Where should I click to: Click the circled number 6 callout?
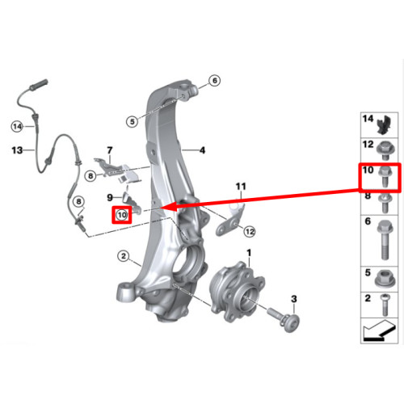coord(214,80)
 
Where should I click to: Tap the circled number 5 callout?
coord(133,121)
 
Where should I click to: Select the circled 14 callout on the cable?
coord(17,126)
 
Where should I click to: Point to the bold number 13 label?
coord(17,150)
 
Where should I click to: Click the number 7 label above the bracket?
coord(110,150)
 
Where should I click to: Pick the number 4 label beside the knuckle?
coord(202,150)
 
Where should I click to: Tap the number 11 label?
coord(241,187)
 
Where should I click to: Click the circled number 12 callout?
coord(250,232)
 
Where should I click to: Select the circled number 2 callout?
coord(124,256)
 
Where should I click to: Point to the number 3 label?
coord(294,299)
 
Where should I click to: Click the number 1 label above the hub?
coord(249,253)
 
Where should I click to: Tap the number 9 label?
coord(110,197)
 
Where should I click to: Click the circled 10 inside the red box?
coord(122,215)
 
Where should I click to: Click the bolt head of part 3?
coord(291,322)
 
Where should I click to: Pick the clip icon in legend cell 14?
coord(384,124)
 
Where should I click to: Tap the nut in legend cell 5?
coord(385,279)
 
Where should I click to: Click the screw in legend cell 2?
coord(385,305)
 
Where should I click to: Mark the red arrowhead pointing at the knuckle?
coord(168,207)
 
